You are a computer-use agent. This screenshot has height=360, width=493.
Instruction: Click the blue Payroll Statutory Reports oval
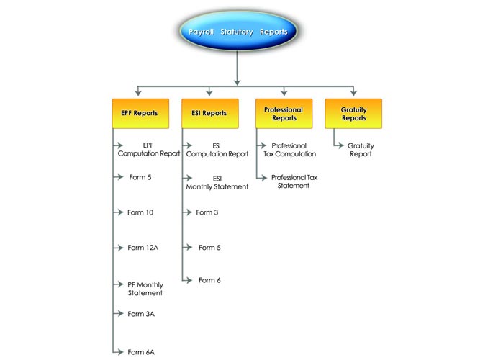coord(238,31)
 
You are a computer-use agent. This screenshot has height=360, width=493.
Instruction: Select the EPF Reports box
coord(140,114)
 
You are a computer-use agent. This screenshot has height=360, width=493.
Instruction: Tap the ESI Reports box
coord(210,114)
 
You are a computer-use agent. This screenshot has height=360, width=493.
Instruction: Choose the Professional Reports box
coord(284,114)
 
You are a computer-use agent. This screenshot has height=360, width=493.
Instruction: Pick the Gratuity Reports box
coord(353,114)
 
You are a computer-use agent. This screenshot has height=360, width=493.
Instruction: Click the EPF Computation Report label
coord(149,149)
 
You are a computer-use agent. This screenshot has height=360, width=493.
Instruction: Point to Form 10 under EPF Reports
coord(140,212)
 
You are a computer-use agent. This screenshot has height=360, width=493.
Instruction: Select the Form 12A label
coord(143,248)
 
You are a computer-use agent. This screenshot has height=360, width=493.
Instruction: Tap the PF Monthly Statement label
coord(145,289)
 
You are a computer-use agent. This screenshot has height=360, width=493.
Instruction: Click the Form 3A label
coord(141,314)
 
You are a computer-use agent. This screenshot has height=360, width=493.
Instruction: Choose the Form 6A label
coord(141,352)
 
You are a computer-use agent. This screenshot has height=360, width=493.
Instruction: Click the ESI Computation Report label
coord(217,150)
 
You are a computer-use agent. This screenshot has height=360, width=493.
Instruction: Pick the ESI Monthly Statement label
coord(217,183)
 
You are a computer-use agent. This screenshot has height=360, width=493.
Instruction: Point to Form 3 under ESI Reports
coord(207,212)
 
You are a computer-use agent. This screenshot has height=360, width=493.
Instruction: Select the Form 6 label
coord(209,280)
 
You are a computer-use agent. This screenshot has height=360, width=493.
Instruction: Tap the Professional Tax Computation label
coord(289,150)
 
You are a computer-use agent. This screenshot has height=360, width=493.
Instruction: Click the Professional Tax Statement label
coord(294,181)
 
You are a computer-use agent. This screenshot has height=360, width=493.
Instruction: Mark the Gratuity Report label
coord(361,150)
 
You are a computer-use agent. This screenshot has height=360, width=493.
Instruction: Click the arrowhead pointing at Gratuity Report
coord(341,145)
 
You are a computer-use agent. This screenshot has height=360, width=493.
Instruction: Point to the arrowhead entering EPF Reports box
coord(138,93)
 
